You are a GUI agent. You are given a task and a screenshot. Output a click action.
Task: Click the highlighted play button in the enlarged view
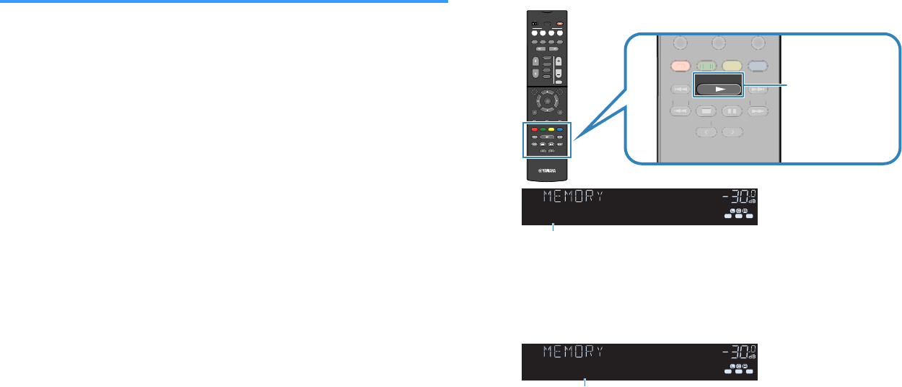click(717, 89)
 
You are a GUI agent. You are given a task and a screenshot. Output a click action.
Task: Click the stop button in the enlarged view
click(707, 112)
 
